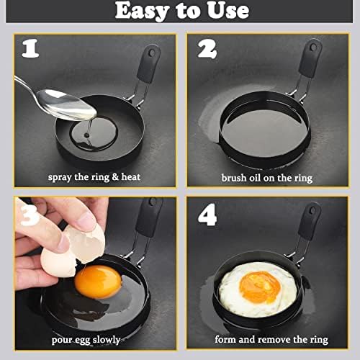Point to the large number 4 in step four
click(207, 215)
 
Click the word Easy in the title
click(138, 12)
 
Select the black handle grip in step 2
click(311, 60)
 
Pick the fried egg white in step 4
click(238, 302)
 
